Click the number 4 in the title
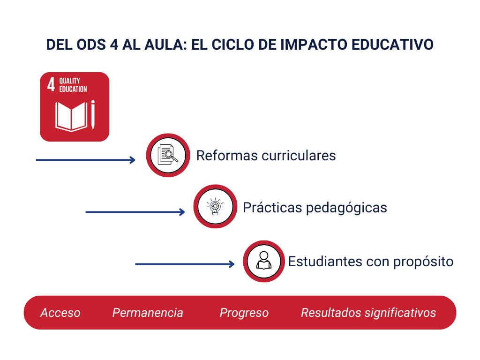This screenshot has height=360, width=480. coord(114,45)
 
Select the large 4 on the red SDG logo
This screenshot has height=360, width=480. coord(51,84)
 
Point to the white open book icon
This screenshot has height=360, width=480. coord(71,117)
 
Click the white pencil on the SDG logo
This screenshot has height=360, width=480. coord(93,115)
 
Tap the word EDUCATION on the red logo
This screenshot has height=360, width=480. coord(73,89)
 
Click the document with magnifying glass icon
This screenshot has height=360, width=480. coord(168,155)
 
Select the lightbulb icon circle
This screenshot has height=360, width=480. coord(215,206)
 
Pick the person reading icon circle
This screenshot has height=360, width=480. coord(264,261)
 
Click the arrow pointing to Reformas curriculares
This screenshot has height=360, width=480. coord(86,160)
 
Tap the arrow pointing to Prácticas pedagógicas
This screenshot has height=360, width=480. coord(135,212)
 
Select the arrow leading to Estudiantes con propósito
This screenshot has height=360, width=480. coord(185,264)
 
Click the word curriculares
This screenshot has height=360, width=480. coord(299,156)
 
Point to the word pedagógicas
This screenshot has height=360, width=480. coord(346,208)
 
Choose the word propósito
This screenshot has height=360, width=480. coord(423,262)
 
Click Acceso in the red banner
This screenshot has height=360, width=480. coord(60,313)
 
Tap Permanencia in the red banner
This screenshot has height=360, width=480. coord(148,313)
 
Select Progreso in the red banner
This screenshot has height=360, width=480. coord(244,313)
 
